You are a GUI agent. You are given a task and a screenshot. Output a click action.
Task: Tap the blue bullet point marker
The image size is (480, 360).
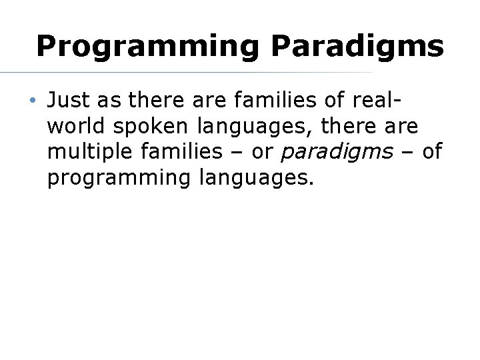tap(32, 101)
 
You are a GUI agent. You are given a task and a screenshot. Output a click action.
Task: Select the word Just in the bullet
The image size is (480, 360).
tap(67, 101)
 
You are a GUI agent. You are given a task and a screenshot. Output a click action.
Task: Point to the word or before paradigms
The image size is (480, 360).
tap(263, 153)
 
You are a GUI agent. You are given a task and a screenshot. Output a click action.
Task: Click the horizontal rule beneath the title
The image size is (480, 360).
tap(187, 72)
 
